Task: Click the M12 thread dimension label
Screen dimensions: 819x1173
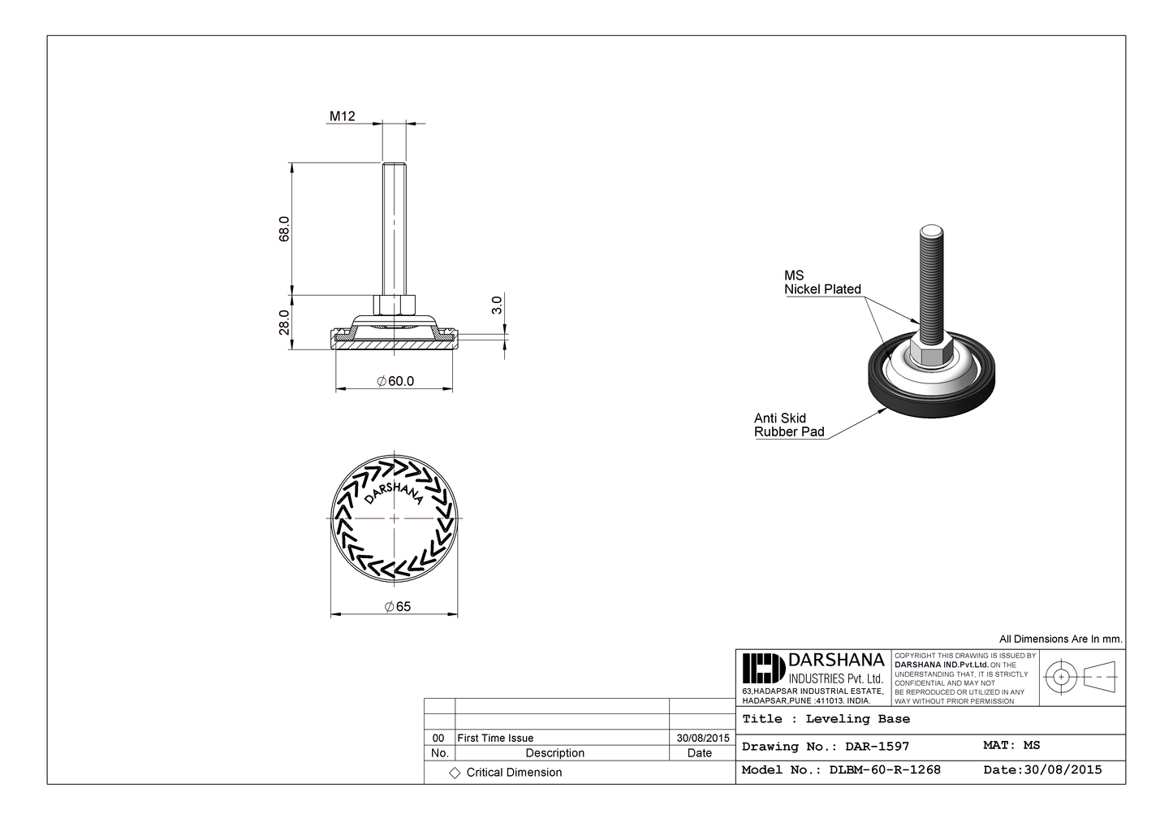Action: (x=342, y=116)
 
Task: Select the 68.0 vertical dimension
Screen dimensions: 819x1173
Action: (x=284, y=228)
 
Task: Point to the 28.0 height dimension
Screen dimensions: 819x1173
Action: (x=284, y=322)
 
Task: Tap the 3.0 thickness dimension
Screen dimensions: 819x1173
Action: (x=497, y=305)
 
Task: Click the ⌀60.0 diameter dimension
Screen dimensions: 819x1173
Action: (x=395, y=381)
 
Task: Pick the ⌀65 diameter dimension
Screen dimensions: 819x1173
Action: (x=397, y=606)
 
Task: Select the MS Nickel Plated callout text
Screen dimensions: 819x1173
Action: (x=821, y=282)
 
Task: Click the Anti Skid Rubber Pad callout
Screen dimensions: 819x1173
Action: (x=788, y=425)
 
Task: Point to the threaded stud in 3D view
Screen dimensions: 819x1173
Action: (x=929, y=276)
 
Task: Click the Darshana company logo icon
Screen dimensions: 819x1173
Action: (x=762, y=669)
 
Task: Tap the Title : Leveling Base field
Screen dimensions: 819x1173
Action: (x=826, y=719)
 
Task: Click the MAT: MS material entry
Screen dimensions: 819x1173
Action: (x=1011, y=745)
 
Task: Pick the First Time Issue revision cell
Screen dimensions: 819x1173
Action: (x=495, y=738)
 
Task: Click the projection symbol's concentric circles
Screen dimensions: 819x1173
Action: (x=1060, y=676)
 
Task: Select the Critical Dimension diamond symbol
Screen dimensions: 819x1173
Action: (x=455, y=773)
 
